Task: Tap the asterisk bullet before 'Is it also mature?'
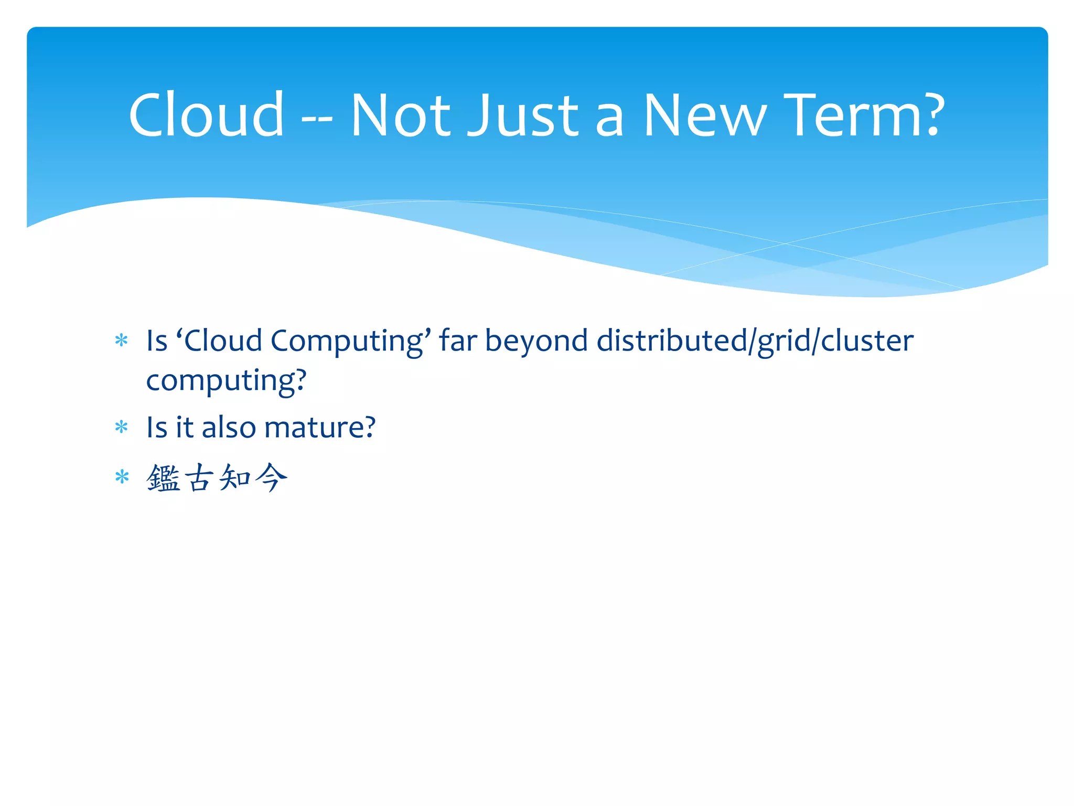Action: pos(122,428)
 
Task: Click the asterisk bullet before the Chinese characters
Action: pos(122,478)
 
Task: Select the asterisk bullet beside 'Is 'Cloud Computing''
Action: pos(122,341)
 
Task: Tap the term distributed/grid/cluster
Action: pos(755,341)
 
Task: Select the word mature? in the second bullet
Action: pos(320,428)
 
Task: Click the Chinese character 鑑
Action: pos(163,478)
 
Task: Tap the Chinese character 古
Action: pos(199,478)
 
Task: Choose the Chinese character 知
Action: pos(235,478)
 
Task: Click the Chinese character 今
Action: pos(271,478)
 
